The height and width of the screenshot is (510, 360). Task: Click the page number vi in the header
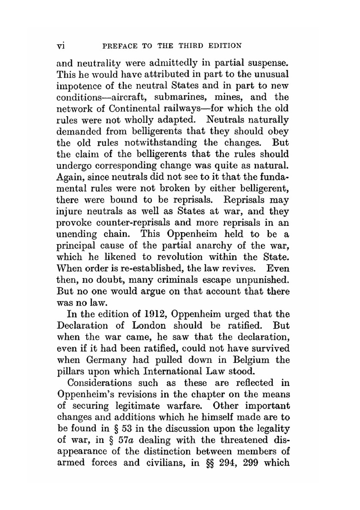[60, 46]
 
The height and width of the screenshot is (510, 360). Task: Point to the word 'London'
[149, 326]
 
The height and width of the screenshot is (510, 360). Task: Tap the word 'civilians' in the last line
[166, 463]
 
